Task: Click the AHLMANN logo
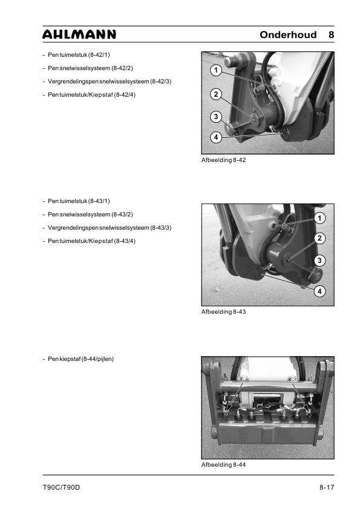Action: pos(79,34)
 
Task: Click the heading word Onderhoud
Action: pos(288,34)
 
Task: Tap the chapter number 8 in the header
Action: pos(331,34)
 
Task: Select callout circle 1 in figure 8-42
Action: pos(216,70)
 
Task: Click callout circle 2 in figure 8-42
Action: pos(216,94)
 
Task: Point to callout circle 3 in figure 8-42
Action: pos(216,117)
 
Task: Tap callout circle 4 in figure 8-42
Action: pos(216,137)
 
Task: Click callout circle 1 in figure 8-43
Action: pos(319,218)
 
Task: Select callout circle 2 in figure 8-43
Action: pos(319,238)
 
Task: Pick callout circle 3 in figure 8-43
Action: pos(319,261)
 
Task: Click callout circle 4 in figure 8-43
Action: pos(319,291)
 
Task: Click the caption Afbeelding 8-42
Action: pos(223,160)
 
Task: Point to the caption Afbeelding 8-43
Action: pos(223,312)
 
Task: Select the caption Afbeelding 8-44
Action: pos(223,464)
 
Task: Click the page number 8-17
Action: pos(327,487)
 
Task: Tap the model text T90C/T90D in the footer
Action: pos(61,487)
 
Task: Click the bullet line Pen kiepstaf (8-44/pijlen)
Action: pos(80,359)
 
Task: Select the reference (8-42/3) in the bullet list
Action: pos(160,82)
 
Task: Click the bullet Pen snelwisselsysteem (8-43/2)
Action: pos(90,215)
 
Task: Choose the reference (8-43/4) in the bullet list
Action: pos(125,241)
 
